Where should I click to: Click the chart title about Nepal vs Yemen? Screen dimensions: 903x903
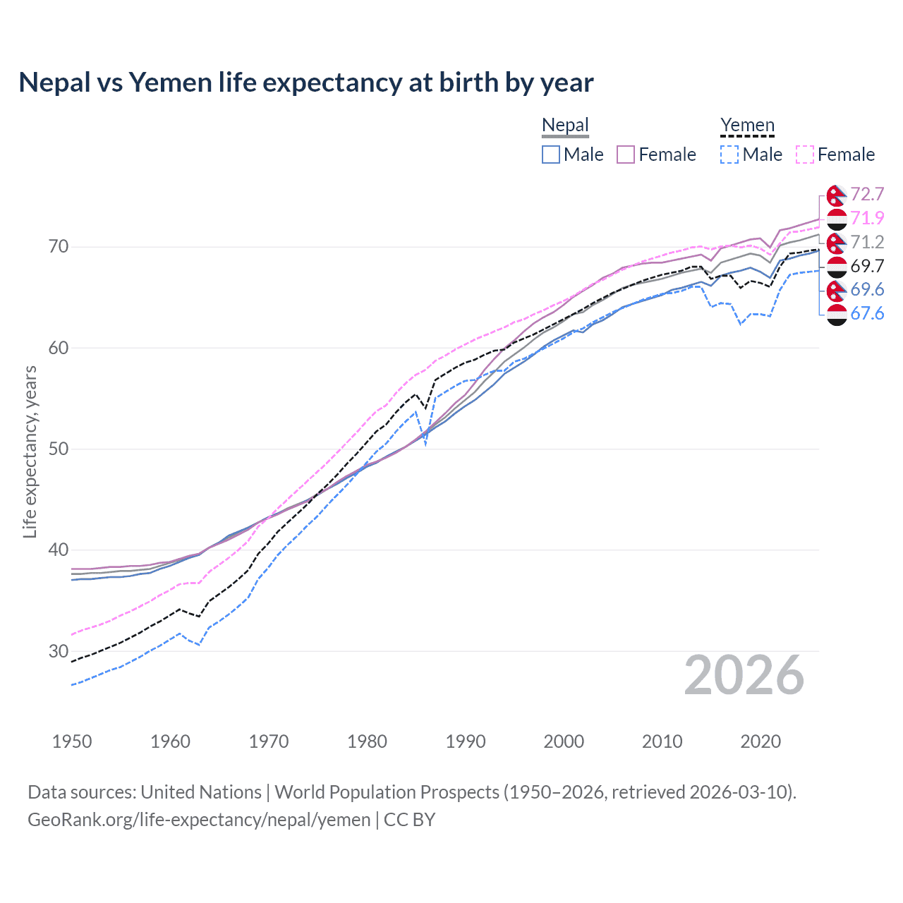(306, 83)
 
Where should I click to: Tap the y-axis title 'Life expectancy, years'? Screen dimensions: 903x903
(30, 451)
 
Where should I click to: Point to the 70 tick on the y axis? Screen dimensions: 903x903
(59, 247)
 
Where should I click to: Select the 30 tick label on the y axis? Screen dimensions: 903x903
(59, 651)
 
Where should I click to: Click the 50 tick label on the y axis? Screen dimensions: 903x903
(59, 449)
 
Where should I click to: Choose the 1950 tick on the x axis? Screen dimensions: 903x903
(72, 741)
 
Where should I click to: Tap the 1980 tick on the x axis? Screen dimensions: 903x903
(367, 741)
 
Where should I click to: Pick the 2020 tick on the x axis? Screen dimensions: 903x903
(760, 741)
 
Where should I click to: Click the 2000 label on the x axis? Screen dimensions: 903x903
(564, 741)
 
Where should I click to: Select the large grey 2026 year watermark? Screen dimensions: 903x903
(744, 675)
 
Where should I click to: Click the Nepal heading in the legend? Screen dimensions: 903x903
(565, 126)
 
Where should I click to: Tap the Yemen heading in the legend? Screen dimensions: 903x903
(747, 126)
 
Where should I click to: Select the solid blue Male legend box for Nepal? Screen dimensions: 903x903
(551, 154)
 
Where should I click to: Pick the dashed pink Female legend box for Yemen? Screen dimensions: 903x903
(805, 154)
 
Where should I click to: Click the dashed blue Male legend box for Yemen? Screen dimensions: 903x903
(729, 154)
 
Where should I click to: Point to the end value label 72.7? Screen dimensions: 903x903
(867, 195)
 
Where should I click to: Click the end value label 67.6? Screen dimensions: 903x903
(867, 314)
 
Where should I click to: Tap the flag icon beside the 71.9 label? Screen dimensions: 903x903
(837, 219)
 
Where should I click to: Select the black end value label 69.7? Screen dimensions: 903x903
(867, 266)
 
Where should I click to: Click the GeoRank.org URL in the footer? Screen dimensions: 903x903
(199, 820)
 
